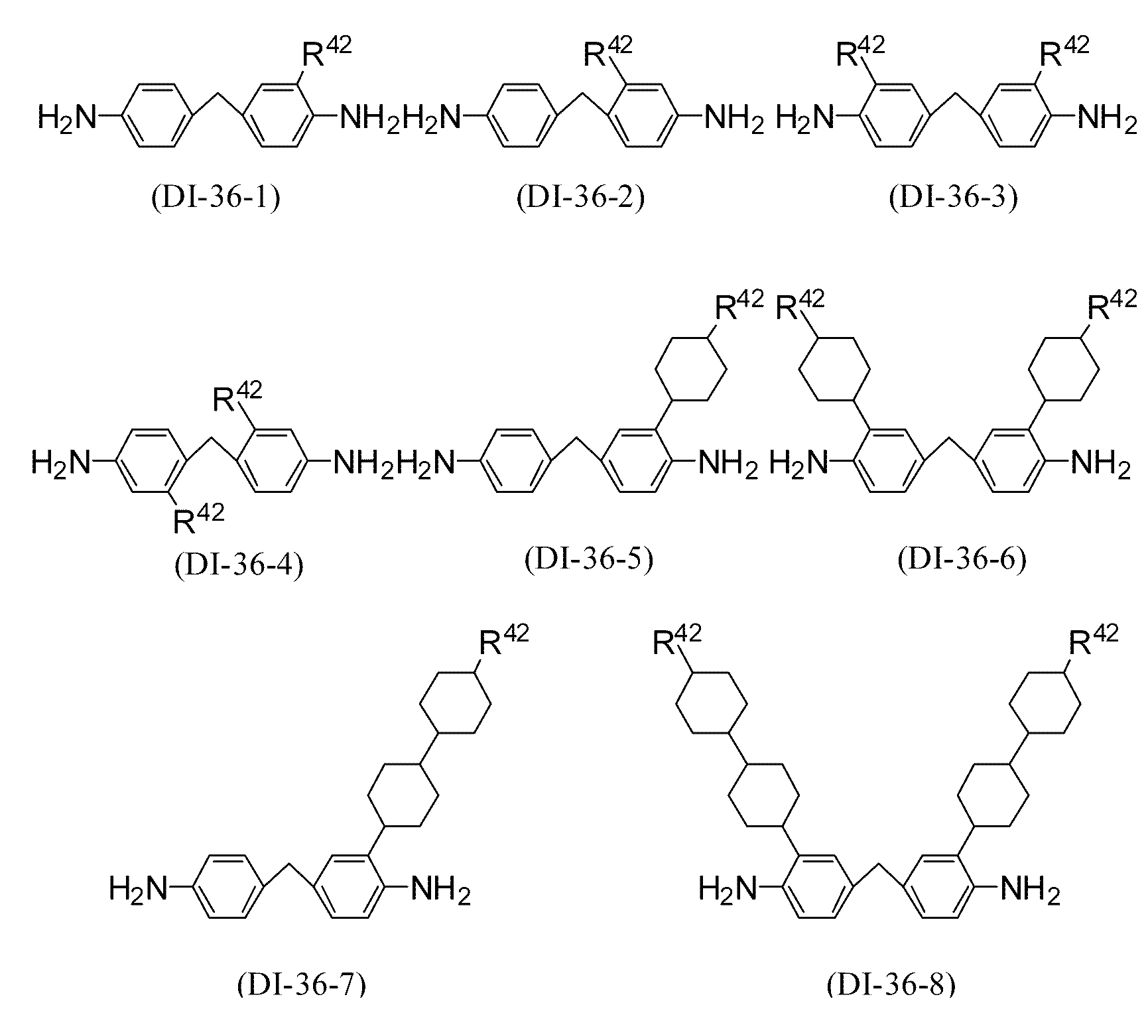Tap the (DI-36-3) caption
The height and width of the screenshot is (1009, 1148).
pyautogui.click(x=954, y=198)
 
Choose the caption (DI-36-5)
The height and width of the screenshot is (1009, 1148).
pyautogui.click(x=590, y=559)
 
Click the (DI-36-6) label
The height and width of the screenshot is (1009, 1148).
pyautogui.click(x=962, y=559)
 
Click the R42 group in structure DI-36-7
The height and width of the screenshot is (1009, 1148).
pyautogui.click(x=504, y=639)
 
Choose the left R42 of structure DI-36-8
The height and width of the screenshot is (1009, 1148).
pyautogui.click(x=677, y=639)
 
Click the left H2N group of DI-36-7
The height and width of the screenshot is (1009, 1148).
pyautogui.click(x=138, y=888)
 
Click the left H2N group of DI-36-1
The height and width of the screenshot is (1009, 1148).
pyautogui.click(x=66, y=117)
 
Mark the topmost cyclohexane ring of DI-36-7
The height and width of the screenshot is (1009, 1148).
pyautogui.click(x=456, y=703)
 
